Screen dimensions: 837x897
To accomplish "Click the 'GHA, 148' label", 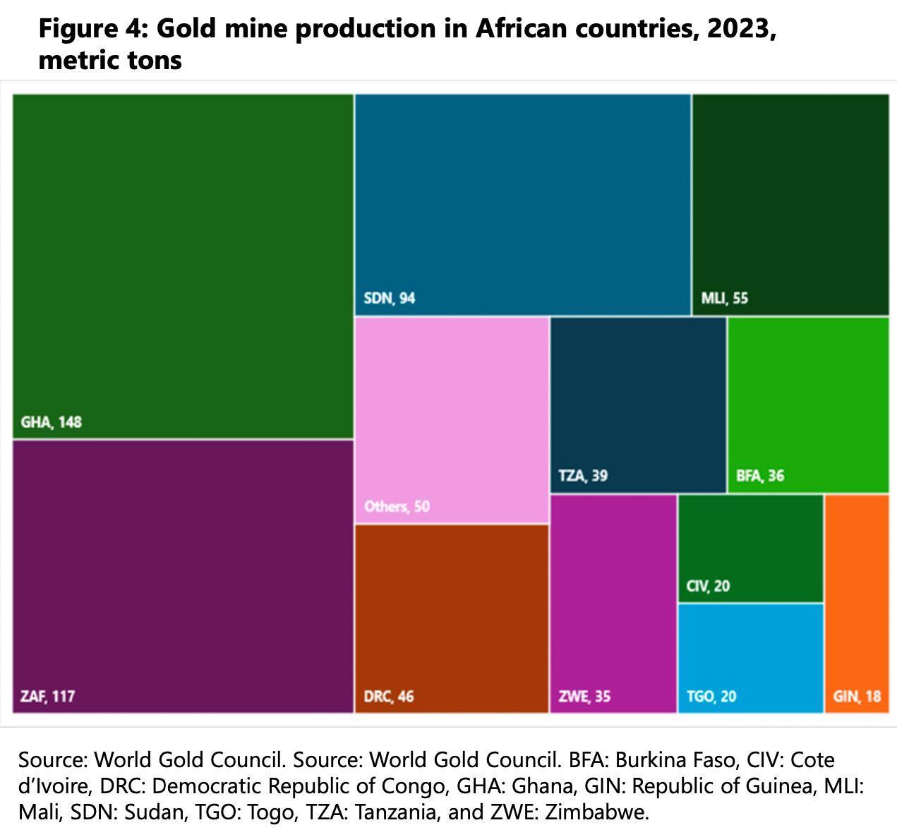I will click(51, 422).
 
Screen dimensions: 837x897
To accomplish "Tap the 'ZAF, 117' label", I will click(47, 697).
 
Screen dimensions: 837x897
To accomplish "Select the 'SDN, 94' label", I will click(389, 298).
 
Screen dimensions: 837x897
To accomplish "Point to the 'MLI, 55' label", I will click(724, 298).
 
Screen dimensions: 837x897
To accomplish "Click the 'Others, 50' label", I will click(397, 506).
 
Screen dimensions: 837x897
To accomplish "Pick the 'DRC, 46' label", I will click(388, 697).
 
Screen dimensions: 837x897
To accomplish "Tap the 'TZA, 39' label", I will click(582, 476).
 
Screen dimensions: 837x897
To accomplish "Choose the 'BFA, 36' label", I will click(759, 476).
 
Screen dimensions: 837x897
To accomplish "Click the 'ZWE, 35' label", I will click(584, 697).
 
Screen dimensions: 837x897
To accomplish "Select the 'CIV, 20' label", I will click(708, 586).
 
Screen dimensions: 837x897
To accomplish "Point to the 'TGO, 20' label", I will click(711, 697).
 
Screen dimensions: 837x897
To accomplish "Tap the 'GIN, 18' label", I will click(857, 697).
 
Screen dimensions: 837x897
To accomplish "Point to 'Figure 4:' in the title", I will click(92, 29).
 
